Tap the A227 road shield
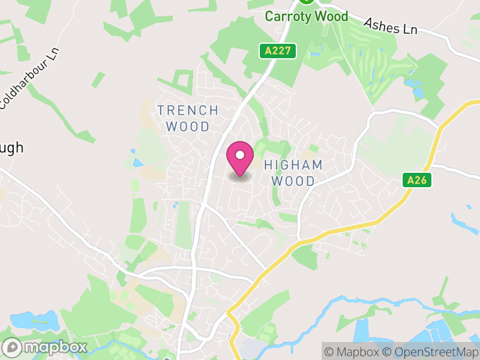(278, 51)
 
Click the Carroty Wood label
(307, 16)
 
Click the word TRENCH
(188, 110)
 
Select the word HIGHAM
(293, 165)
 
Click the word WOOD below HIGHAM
(293, 181)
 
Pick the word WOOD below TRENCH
(188, 127)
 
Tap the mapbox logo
(46, 347)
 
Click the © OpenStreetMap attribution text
(431, 352)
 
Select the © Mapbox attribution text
(352, 352)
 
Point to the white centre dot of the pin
(240, 155)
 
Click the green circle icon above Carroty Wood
(307, 1)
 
